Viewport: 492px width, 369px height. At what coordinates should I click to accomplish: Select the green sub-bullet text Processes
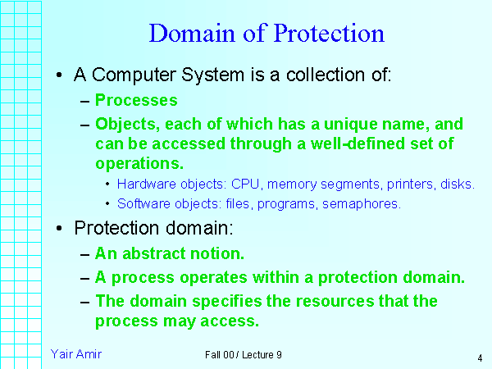pos(136,101)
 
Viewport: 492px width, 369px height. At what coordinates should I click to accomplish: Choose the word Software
pos(143,203)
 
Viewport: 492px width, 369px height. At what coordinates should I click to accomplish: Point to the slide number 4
pos(478,358)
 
